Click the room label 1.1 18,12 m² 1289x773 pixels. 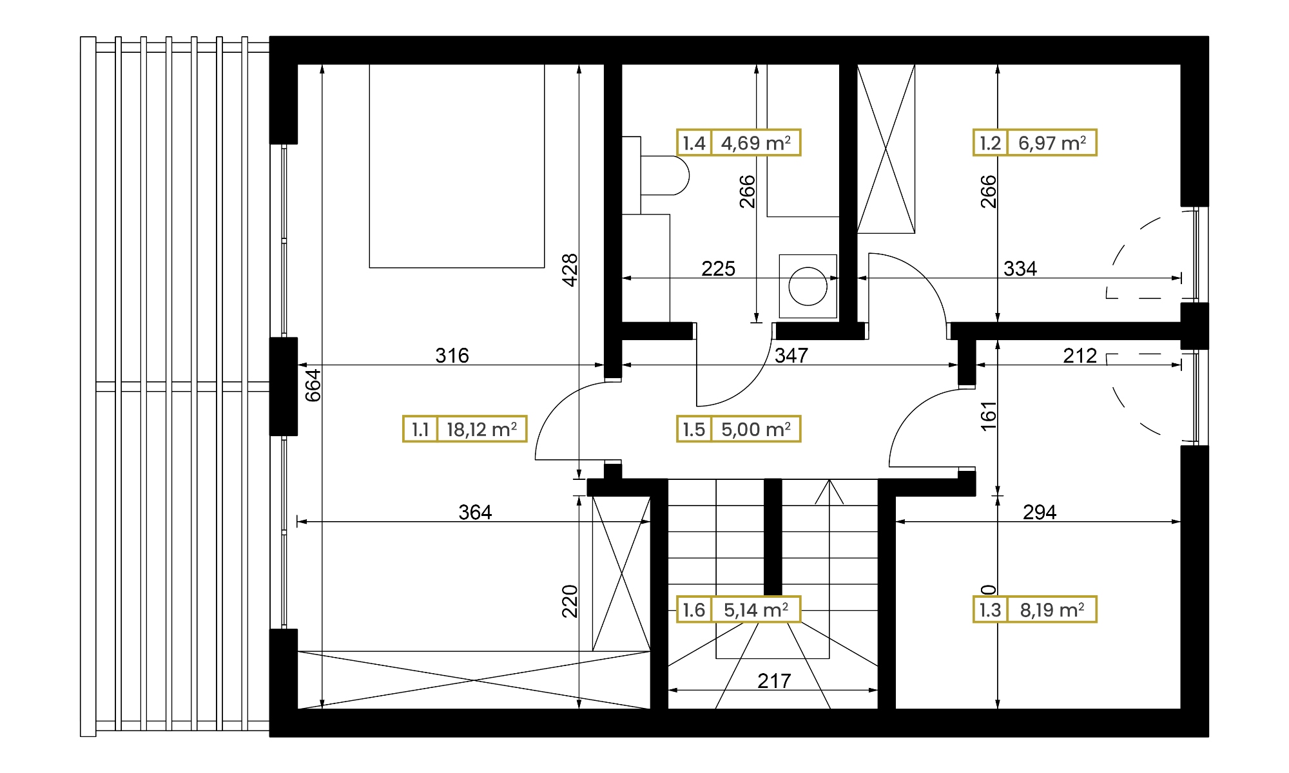tap(465, 429)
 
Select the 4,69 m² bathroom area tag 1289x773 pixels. tap(739, 142)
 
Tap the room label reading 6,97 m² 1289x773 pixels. tap(1034, 142)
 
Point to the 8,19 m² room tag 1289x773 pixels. tap(1034, 609)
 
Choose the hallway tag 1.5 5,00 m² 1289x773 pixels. tap(739, 429)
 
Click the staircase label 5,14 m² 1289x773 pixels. tap(739, 609)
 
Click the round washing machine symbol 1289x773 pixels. tap(808, 286)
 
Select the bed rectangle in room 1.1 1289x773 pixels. tap(457, 166)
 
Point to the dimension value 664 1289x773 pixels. tap(313, 385)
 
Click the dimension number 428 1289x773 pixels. tap(570, 270)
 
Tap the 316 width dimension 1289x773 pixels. tap(452, 355)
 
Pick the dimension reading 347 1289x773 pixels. tap(791, 355)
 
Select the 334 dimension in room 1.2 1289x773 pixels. tap(1020, 269)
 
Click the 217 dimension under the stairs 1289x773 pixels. tap(773, 681)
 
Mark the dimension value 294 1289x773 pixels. tap(1040, 512)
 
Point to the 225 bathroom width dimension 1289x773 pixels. tap(718, 269)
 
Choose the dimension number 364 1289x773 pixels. tap(475, 512)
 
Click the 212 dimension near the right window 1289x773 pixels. tap(1080, 355)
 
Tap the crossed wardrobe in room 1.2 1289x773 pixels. tap(886, 148)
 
